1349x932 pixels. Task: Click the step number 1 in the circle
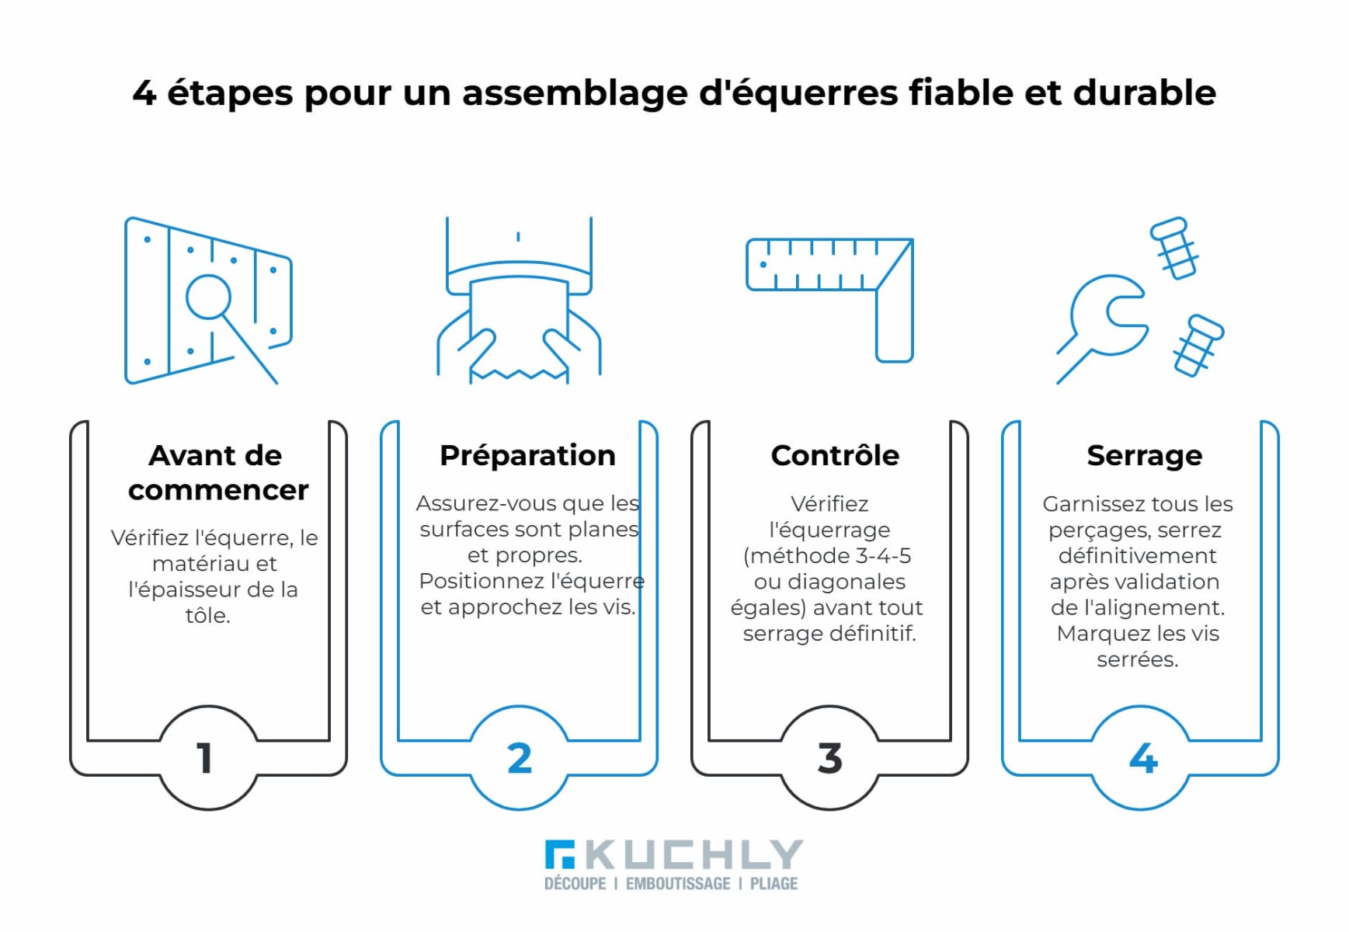[x=205, y=758]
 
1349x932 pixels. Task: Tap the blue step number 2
[x=520, y=758]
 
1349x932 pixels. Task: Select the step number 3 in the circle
[x=830, y=758]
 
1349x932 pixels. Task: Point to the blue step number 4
[x=1142, y=758]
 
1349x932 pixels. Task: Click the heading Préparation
[x=527, y=456]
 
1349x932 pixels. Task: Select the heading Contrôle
[x=835, y=455]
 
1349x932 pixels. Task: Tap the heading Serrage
[x=1145, y=456]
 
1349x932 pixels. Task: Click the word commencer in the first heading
[x=218, y=490]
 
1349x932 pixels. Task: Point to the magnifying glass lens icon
[x=208, y=297]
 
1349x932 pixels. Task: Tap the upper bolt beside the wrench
[x=1173, y=247]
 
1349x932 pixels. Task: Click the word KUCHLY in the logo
[x=694, y=855]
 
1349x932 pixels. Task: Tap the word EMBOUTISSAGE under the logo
[x=678, y=884]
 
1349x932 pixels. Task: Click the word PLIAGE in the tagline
[x=774, y=884]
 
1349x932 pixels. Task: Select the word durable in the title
[x=1145, y=92]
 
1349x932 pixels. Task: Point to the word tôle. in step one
[x=207, y=615]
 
